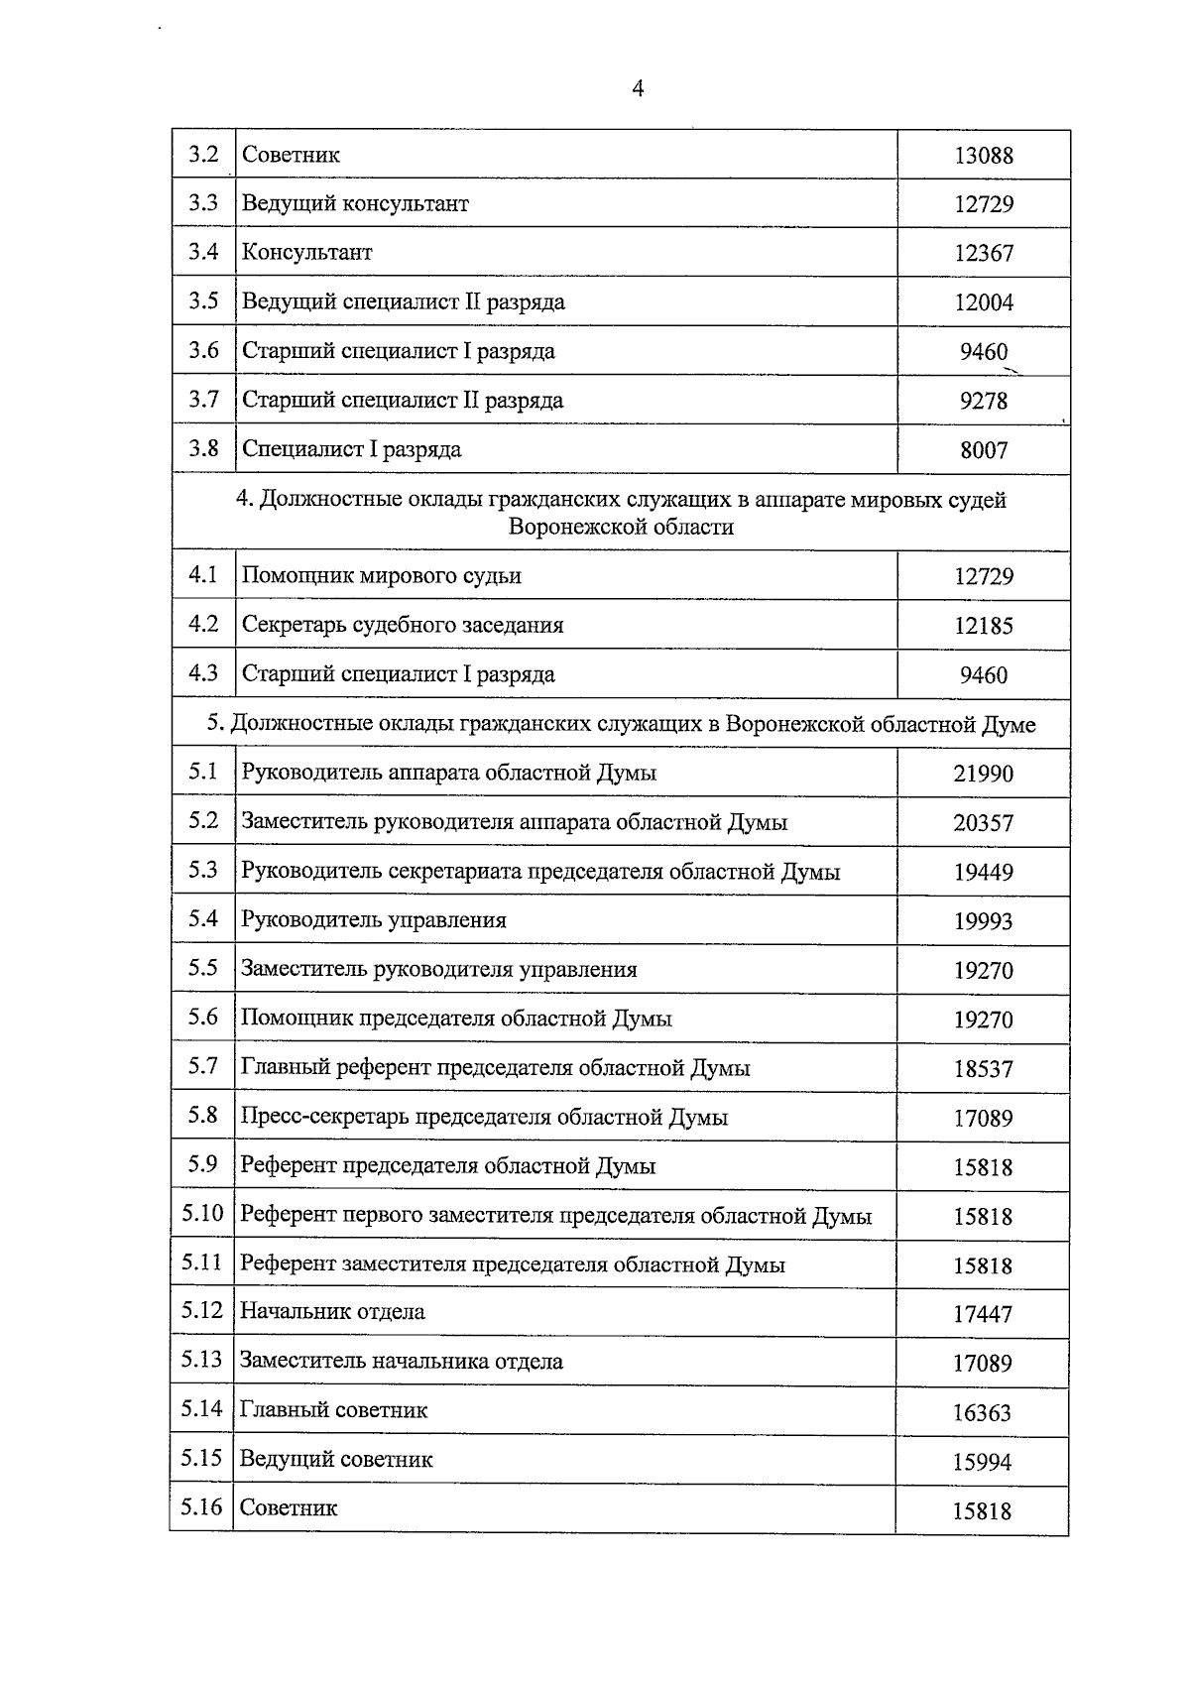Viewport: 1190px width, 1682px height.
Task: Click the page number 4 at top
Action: pos(638,89)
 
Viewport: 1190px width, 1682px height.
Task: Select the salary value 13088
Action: pos(984,156)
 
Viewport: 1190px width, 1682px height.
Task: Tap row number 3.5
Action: pos(203,300)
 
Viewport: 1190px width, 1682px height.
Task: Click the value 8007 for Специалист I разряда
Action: pos(984,450)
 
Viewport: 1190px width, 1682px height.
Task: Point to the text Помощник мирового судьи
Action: pos(382,576)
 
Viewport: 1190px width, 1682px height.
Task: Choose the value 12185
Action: pos(984,626)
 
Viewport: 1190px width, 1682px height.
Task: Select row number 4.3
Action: pos(203,673)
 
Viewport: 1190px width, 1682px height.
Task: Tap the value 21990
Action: pos(984,774)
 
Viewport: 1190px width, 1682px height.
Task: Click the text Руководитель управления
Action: pos(374,920)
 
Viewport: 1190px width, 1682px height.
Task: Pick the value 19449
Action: pos(984,873)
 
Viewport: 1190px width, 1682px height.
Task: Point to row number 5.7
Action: pos(203,1066)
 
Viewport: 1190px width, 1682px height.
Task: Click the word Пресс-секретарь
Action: pos(324,1118)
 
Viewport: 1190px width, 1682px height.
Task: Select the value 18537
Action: pos(984,1069)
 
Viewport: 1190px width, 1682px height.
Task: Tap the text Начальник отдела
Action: pos(332,1312)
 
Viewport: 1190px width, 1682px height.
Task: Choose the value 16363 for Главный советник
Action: pos(982,1413)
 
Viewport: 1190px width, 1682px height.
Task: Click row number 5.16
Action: pos(202,1507)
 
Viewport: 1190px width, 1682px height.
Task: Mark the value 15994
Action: pos(982,1462)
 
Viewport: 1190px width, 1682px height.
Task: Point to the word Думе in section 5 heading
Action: pos(1009,725)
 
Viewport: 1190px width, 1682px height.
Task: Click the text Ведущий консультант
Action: pos(355,204)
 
